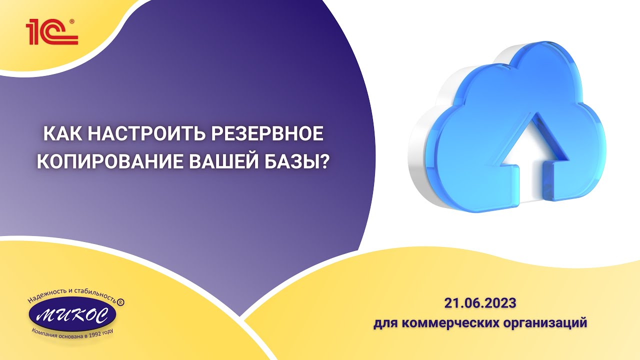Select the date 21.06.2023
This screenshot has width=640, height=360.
pos(479,303)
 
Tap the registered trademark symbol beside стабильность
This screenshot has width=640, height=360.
pos(120,303)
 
